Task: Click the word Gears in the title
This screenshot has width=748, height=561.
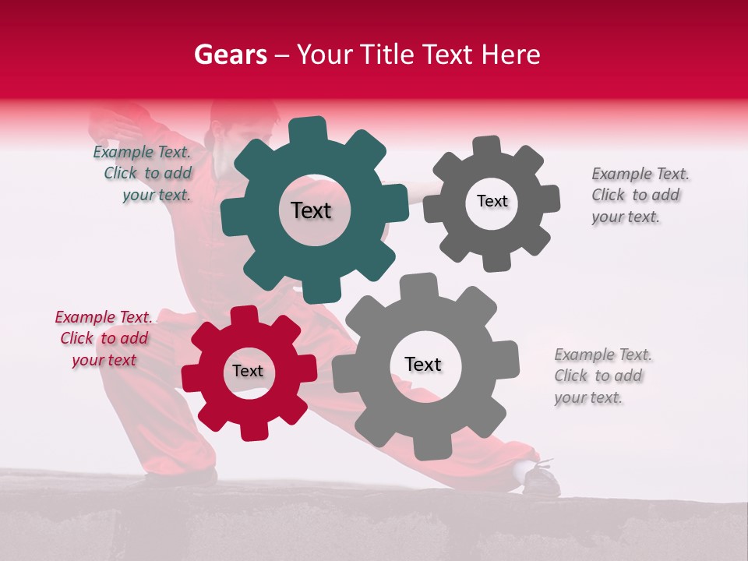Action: (x=230, y=55)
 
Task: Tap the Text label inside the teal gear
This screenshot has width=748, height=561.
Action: (x=311, y=210)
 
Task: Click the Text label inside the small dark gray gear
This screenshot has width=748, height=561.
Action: (x=492, y=201)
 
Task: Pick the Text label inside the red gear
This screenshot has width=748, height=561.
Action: (x=248, y=371)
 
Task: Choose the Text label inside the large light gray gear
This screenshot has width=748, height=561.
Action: (x=423, y=364)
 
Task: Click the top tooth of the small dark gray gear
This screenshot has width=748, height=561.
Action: (x=487, y=146)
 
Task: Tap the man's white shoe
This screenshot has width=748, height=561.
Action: (x=538, y=477)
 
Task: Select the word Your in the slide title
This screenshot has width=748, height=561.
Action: (x=323, y=55)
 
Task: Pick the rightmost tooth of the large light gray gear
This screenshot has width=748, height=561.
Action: (x=507, y=361)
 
